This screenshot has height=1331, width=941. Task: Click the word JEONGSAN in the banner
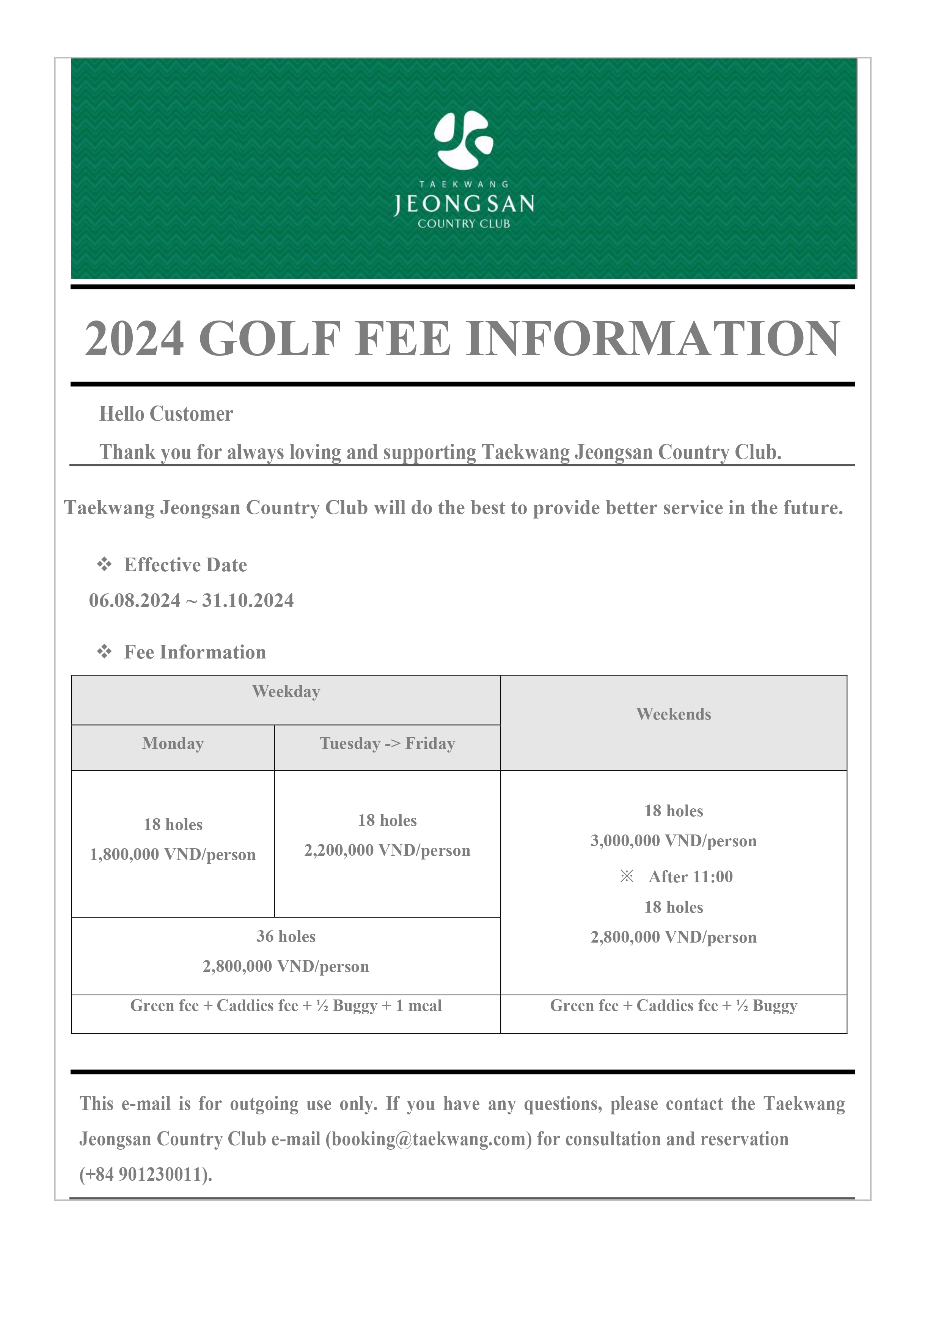tap(464, 204)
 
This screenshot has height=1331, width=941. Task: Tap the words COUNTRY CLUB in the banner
tap(464, 224)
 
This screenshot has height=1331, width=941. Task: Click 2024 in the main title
tap(135, 339)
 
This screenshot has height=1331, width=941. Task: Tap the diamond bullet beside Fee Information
tap(104, 652)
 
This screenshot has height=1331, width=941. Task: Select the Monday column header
tap(173, 744)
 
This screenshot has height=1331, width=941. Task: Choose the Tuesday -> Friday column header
tap(387, 744)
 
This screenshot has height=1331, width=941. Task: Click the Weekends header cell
tap(673, 714)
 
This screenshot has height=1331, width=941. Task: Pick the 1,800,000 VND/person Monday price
tap(173, 855)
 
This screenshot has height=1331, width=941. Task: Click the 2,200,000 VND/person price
tap(387, 850)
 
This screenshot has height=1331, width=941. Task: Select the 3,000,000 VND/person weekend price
tap(673, 841)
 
